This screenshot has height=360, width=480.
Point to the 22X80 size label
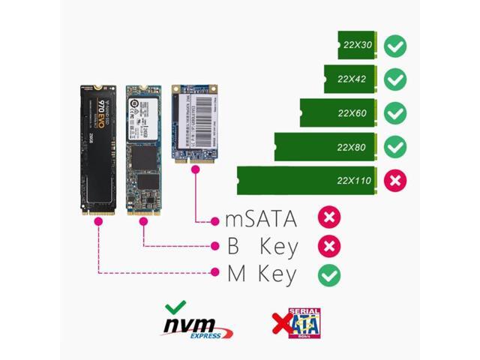coord(351,147)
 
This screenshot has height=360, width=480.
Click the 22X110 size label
coord(353,181)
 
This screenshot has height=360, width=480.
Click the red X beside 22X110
coord(395,181)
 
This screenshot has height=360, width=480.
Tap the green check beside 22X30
coord(395,46)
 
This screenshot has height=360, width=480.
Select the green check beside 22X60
coord(395,113)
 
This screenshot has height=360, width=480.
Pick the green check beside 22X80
coord(395,147)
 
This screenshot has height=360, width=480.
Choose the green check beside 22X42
coord(395,79)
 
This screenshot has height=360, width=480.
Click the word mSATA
coord(261,219)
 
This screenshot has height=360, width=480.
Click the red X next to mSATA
coord(328,218)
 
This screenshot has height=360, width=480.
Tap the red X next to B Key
coord(328,246)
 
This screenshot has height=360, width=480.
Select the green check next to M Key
coord(328,275)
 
